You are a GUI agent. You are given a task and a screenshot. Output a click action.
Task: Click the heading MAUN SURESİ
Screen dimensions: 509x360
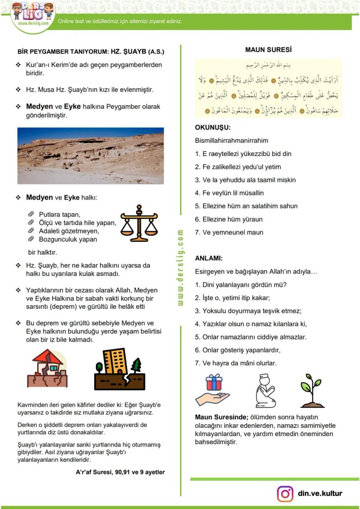click(x=268, y=50)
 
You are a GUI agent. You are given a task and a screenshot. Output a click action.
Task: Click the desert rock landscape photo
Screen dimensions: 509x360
click(x=90, y=155)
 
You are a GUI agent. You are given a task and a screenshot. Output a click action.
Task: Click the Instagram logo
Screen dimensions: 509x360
click(x=285, y=494)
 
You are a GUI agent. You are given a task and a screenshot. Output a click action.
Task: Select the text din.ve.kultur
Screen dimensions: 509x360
click(x=320, y=493)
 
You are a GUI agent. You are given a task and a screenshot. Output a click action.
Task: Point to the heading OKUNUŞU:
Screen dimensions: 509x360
click(x=213, y=128)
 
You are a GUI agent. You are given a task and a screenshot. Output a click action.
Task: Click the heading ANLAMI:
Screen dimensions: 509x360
click(x=209, y=258)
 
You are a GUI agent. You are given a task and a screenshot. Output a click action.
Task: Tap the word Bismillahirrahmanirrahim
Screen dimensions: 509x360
click(x=232, y=140)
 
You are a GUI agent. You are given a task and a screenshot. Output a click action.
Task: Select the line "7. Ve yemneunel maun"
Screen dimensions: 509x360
click(x=229, y=232)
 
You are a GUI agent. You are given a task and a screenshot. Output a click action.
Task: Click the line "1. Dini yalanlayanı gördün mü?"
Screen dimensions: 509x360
click(x=241, y=285)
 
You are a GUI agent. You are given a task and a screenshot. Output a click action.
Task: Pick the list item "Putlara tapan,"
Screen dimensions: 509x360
click(x=60, y=214)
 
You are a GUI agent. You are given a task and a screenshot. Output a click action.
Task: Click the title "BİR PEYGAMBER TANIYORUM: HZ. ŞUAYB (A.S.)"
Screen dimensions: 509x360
click(x=91, y=52)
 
